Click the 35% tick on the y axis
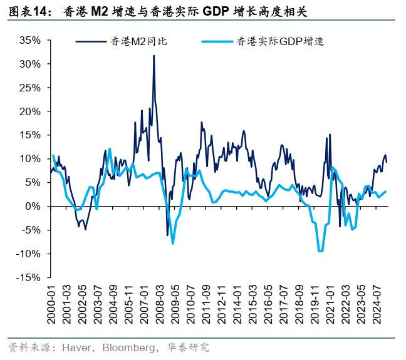[x=30, y=41]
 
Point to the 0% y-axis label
[x=33, y=206]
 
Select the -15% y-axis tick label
[x=28, y=277]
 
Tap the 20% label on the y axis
[x=30, y=111]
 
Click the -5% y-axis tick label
[x=31, y=230]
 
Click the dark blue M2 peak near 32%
[x=154, y=56]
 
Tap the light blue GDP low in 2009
[x=172, y=243]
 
